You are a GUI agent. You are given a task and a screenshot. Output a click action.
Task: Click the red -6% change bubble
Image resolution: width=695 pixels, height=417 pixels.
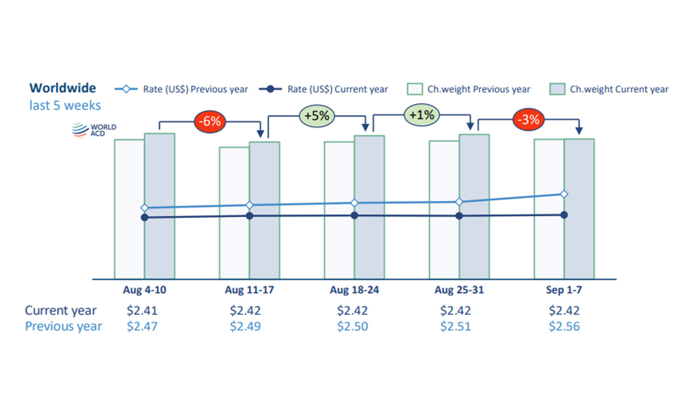pyautogui.click(x=210, y=121)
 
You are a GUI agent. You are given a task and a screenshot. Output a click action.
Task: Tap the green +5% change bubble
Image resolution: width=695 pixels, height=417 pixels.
pyautogui.click(x=317, y=116)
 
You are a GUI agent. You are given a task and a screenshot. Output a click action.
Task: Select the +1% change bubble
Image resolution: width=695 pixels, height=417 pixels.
pyautogui.click(x=422, y=115)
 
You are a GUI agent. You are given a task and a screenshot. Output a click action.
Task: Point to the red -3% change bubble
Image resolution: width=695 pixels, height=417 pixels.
pyautogui.click(x=528, y=120)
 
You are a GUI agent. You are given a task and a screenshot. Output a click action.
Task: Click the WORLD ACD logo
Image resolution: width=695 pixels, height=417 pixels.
pyautogui.click(x=94, y=130)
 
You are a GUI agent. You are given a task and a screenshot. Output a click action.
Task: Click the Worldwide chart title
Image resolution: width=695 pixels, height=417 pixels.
pyautogui.click(x=63, y=88)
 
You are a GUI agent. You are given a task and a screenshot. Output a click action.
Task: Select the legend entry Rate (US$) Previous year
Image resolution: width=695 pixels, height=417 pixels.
pyautogui.click(x=181, y=89)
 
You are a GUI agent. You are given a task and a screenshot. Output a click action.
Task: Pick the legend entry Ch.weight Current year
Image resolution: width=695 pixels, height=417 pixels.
pyautogui.click(x=609, y=89)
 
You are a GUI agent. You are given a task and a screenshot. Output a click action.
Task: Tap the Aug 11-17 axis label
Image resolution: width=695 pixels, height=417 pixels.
pyautogui.click(x=249, y=290)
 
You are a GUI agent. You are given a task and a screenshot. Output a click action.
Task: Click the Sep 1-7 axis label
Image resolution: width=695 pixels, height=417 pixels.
pyautogui.click(x=564, y=290)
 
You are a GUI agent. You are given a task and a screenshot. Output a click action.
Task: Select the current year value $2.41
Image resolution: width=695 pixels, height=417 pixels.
pyautogui.click(x=142, y=310)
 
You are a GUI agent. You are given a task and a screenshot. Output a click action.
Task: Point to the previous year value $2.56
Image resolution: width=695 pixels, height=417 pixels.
pyautogui.click(x=564, y=326)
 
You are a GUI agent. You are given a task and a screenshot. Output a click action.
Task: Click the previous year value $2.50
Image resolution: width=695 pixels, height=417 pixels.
pyautogui.click(x=353, y=326)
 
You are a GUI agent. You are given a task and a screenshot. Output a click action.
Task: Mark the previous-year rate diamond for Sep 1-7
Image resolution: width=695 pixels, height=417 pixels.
pyautogui.click(x=564, y=194)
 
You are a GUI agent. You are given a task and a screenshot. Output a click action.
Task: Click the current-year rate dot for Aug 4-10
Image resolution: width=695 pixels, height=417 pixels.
pyautogui.click(x=145, y=217)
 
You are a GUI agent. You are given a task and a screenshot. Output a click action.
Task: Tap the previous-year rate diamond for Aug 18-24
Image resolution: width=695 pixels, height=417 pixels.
pyautogui.click(x=354, y=203)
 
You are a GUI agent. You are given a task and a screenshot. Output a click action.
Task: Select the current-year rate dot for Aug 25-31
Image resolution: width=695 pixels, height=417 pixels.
pyautogui.click(x=459, y=216)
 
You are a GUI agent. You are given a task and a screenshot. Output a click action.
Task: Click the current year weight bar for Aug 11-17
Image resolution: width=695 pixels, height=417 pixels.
pyautogui.click(x=265, y=210)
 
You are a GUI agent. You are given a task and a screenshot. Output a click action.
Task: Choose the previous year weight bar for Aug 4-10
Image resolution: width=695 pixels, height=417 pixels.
pyautogui.click(x=129, y=209)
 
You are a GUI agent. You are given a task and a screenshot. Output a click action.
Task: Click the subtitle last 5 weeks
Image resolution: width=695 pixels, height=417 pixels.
pyautogui.click(x=65, y=106)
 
